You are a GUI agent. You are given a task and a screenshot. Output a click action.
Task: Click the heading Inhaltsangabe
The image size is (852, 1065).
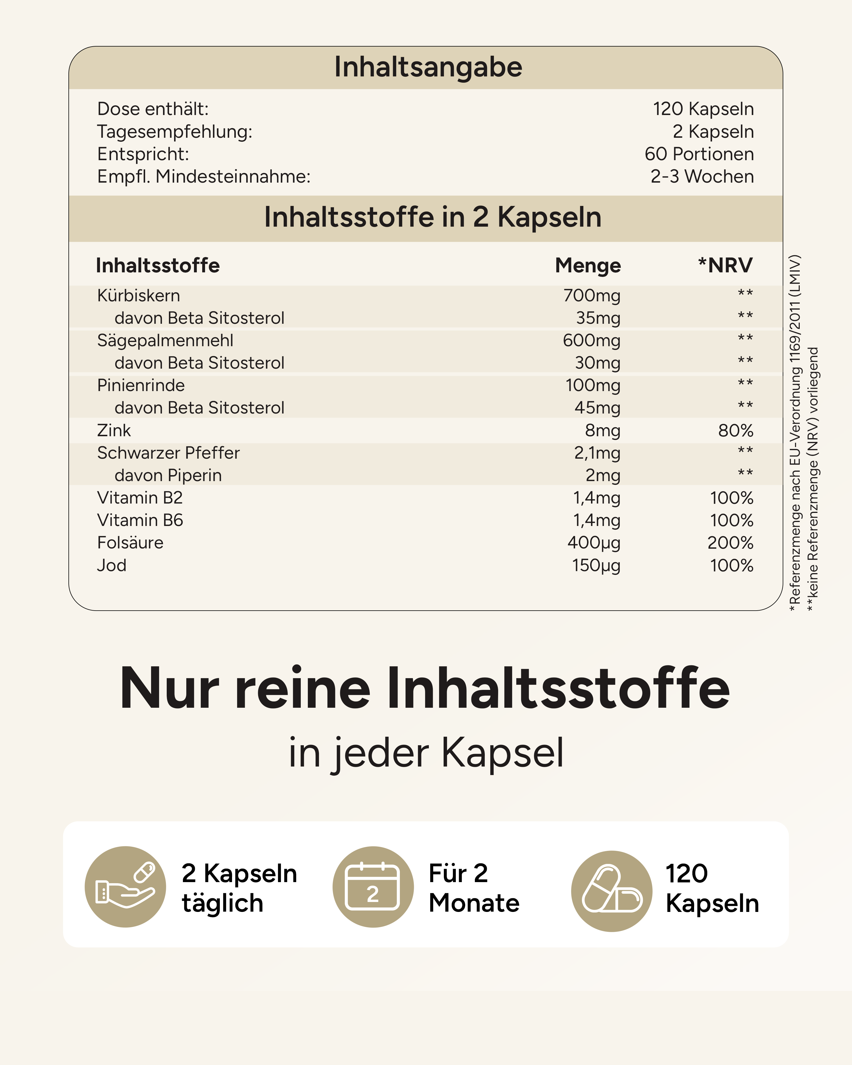click(428, 67)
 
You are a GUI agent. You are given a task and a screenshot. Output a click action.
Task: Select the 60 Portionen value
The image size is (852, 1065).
click(699, 154)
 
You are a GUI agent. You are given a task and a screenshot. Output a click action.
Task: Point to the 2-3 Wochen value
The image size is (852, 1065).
click(702, 176)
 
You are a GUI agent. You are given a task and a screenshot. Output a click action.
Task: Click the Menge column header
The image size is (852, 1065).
click(588, 265)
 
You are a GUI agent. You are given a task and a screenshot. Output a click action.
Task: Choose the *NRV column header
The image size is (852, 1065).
click(725, 265)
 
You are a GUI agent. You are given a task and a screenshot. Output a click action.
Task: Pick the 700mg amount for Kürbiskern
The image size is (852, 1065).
click(592, 295)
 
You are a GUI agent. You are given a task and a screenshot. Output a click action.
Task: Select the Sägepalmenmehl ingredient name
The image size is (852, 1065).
click(165, 340)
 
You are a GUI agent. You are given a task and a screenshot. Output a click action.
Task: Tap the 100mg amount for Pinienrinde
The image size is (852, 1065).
click(593, 385)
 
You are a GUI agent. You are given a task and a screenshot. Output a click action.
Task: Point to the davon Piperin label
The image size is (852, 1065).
click(168, 475)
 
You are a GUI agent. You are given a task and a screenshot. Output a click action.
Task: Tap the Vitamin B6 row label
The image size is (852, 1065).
click(140, 520)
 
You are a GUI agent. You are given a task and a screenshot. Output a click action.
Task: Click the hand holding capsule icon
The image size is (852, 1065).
click(126, 887)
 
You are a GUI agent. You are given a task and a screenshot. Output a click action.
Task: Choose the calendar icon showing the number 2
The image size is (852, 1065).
click(373, 887)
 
